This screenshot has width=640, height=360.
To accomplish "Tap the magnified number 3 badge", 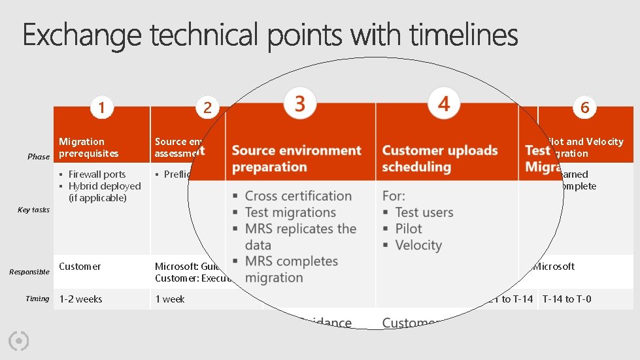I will pos(300,103).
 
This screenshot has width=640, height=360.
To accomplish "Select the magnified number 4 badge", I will pos(444,103).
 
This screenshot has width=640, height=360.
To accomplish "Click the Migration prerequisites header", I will pos(89,148).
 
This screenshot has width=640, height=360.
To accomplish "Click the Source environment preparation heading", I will pos(296,159).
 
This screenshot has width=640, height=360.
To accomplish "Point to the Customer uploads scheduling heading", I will pos(439,159).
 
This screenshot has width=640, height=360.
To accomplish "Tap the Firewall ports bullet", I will pos(97,174).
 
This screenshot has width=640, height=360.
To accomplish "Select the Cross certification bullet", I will pos(298,196).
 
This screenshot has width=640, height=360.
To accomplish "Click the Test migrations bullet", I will pos(290,212).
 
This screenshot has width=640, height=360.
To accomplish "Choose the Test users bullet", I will pos(424,212).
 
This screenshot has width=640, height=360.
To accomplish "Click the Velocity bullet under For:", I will pos(418,245).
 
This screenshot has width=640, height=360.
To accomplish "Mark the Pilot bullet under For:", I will pos(409,229).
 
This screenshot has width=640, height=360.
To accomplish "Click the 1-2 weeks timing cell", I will pos(81,299).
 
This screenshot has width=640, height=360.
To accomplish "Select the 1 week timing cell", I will pos(170,299).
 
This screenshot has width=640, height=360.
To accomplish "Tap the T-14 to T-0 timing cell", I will pos(567,299).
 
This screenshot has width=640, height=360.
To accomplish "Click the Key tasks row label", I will pos(33,210).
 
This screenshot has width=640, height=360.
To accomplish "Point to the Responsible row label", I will pos(29,272).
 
